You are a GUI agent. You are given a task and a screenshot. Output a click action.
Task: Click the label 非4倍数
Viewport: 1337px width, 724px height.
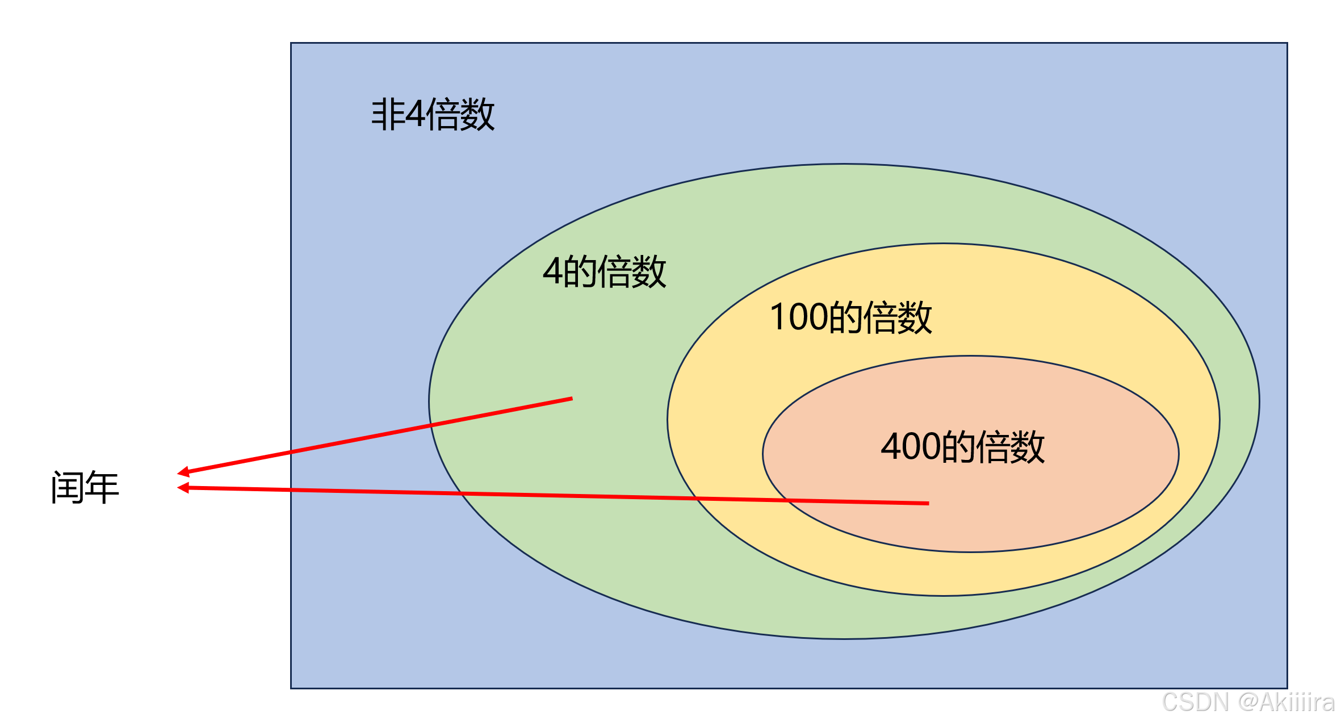(433, 114)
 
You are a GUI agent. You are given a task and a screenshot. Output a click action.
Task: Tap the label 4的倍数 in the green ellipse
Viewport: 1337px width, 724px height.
(604, 271)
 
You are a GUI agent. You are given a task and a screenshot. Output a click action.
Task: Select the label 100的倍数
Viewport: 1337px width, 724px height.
(850, 317)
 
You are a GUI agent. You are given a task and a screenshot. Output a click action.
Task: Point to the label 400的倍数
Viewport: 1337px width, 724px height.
(962, 446)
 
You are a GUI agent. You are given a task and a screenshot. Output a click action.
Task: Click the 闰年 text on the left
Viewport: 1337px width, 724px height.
(85, 487)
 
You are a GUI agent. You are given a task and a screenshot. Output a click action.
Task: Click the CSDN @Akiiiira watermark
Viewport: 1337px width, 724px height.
(1248, 702)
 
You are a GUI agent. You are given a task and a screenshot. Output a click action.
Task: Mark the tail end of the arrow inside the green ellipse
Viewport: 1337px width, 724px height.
(571, 399)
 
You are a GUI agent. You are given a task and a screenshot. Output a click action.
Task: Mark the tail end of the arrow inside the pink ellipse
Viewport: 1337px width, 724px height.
(928, 503)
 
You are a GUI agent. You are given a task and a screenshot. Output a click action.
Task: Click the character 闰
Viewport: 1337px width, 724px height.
(68, 487)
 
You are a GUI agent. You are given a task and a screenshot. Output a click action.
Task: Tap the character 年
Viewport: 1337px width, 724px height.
(102, 487)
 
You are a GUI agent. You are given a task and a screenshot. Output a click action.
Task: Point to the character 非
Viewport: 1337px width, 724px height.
(388, 114)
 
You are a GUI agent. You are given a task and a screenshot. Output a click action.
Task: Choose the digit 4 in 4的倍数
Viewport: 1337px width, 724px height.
(553, 271)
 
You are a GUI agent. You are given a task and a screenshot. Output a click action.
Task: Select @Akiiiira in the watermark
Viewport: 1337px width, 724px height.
(1286, 702)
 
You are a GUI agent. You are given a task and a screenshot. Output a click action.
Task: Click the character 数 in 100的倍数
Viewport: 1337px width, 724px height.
(915, 317)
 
